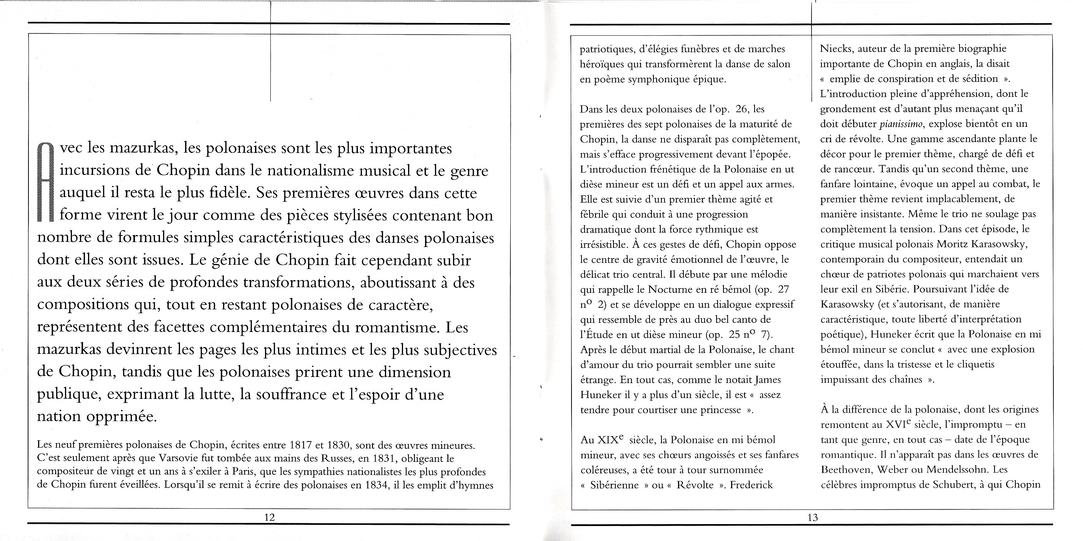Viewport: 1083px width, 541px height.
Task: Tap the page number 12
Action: tap(269, 517)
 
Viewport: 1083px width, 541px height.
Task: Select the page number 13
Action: tap(813, 517)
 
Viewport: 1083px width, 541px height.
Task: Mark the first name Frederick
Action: tap(751, 485)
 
